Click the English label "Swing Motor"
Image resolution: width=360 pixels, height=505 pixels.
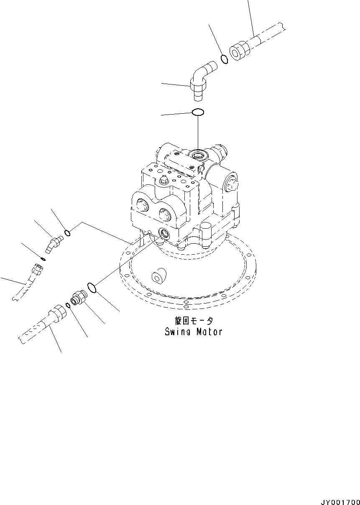tap(193, 332)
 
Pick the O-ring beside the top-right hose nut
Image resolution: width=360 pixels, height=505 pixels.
tap(224, 59)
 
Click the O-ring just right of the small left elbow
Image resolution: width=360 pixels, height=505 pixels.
tap(67, 232)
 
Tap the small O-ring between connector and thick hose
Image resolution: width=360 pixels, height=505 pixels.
tap(68, 304)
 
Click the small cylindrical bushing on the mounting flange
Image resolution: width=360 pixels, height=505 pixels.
tap(159, 276)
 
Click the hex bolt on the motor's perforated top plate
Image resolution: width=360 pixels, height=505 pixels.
tap(163, 181)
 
